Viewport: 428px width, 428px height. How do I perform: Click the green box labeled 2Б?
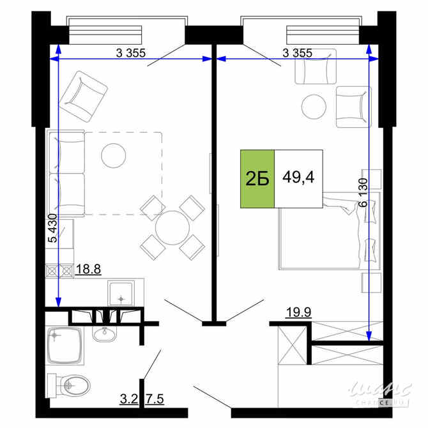(x=257, y=179)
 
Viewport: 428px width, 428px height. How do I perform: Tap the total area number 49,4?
(x=298, y=178)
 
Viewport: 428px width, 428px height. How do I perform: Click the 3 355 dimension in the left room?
(x=132, y=53)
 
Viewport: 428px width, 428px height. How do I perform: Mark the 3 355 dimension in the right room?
(x=296, y=53)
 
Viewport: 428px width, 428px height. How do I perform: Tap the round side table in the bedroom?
(x=314, y=106)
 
